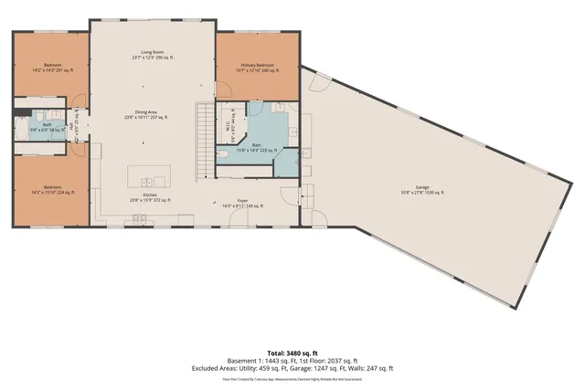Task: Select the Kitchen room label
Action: click(x=152, y=196)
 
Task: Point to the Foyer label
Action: click(x=242, y=204)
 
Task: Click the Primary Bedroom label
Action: click(x=257, y=67)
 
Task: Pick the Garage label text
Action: click(x=422, y=190)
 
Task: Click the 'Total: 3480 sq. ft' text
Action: click(x=292, y=353)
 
